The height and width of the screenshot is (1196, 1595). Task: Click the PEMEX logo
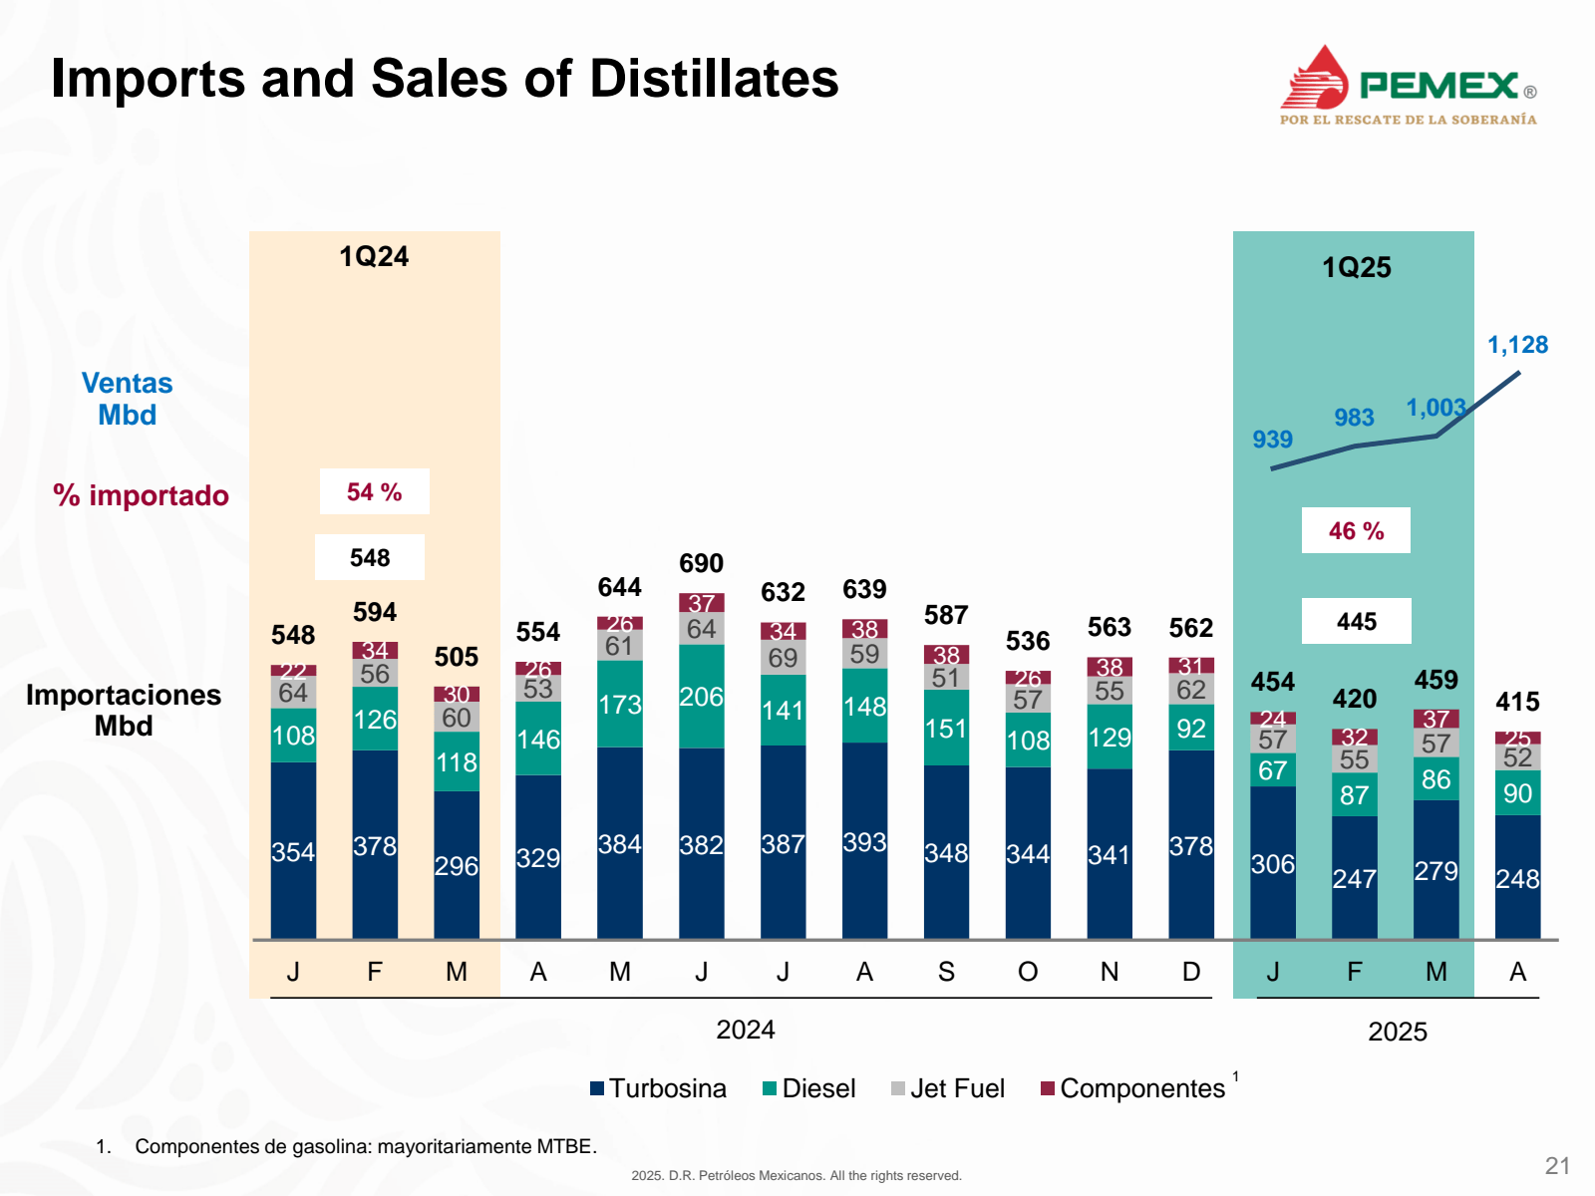pyautogui.click(x=1408, y=86)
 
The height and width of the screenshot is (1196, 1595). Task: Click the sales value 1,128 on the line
pyautogui.click(x=1517, y=345)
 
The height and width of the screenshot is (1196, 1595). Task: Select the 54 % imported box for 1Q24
pyautogui.click(x=374, y=491)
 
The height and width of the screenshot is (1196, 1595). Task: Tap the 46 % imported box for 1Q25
pyautogui.click(x=1356, y=530)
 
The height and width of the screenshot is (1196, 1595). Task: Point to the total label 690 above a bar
pyautogui.click(x=701, y=563)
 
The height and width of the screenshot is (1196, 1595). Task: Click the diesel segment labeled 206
pyautogui.click(x=701, y=697)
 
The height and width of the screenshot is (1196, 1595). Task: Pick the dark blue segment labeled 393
pyautogui.click(x=864, y=842)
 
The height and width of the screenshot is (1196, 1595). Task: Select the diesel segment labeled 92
pyautogui.click(x=1191, y=729)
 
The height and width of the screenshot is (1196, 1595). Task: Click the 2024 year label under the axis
pyautogui.click(x=745, y=1030)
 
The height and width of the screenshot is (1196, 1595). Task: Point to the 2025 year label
pyautogui.click(x=1397, y=1032)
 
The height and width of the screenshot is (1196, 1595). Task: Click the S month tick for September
pyautogui.click(x=946, y=972)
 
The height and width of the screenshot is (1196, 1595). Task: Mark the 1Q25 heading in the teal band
pyautogui.click(x=1356, y=267)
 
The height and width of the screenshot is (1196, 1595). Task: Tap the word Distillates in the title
pyautogui.click(x=714, y=79)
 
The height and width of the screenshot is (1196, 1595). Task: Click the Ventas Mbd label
pyautogui.click(x=127, y=399)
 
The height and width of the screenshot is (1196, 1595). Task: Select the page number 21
pyautogui.click(x=1557, y=1166)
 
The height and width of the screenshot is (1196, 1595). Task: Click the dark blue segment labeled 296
pyautogui.click(x=456, y=865)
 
